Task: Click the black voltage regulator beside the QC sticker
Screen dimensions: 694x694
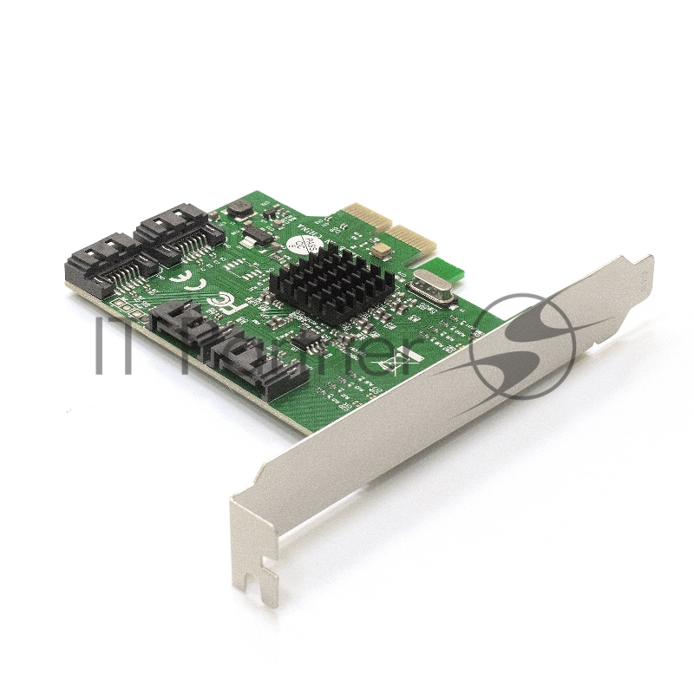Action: coord(255,234)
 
